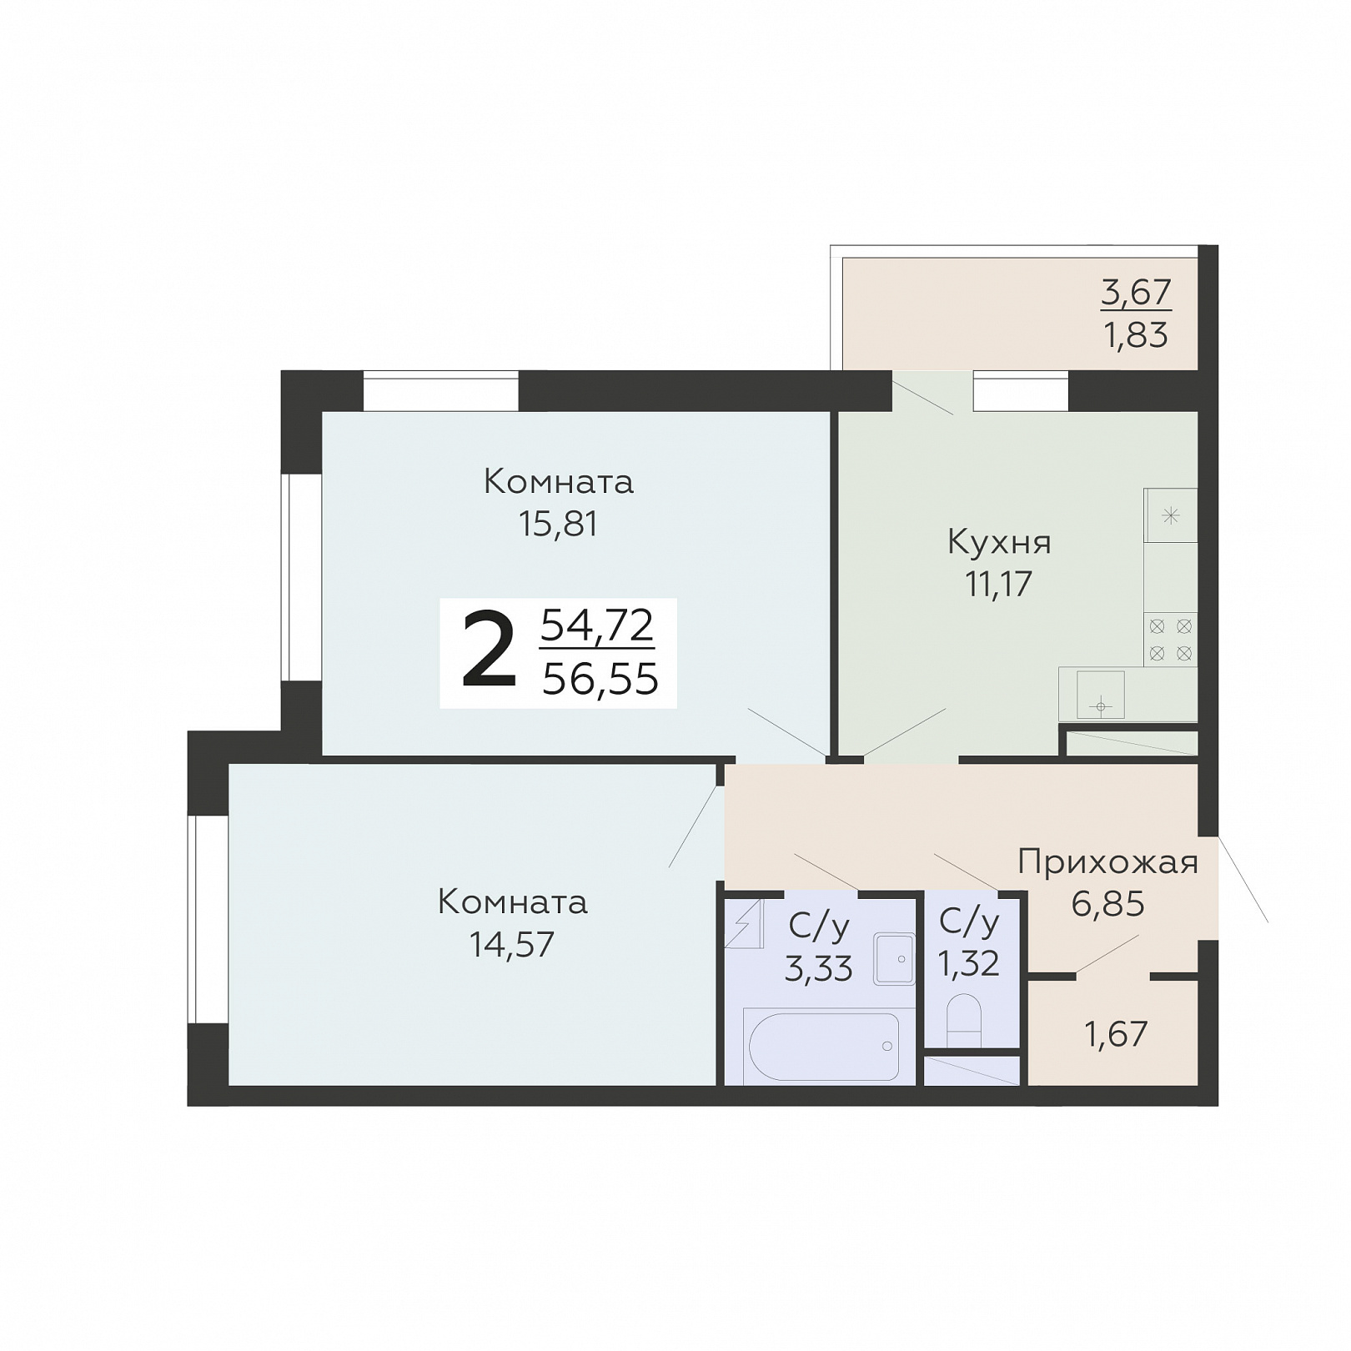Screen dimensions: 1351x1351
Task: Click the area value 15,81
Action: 558,525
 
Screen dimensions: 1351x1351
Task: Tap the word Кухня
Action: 999,544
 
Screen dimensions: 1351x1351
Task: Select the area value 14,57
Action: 512,945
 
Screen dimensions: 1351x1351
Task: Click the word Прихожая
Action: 1107,862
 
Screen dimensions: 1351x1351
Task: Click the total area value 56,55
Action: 600,680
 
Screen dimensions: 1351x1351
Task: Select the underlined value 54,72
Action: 597,625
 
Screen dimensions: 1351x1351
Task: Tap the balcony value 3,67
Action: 1136,293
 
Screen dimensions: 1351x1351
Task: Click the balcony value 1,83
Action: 1136,335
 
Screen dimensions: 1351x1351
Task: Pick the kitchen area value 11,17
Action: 999,585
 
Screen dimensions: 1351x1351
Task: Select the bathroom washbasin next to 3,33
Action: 894,959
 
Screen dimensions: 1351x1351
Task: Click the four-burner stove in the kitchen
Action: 1170,640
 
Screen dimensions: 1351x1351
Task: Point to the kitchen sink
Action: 1101,695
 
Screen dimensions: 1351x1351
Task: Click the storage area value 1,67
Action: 1116,1035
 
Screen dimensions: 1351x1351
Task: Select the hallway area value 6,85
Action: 1107,904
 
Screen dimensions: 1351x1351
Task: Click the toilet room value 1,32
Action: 968,964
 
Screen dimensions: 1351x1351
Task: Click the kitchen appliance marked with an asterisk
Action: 1171,515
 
